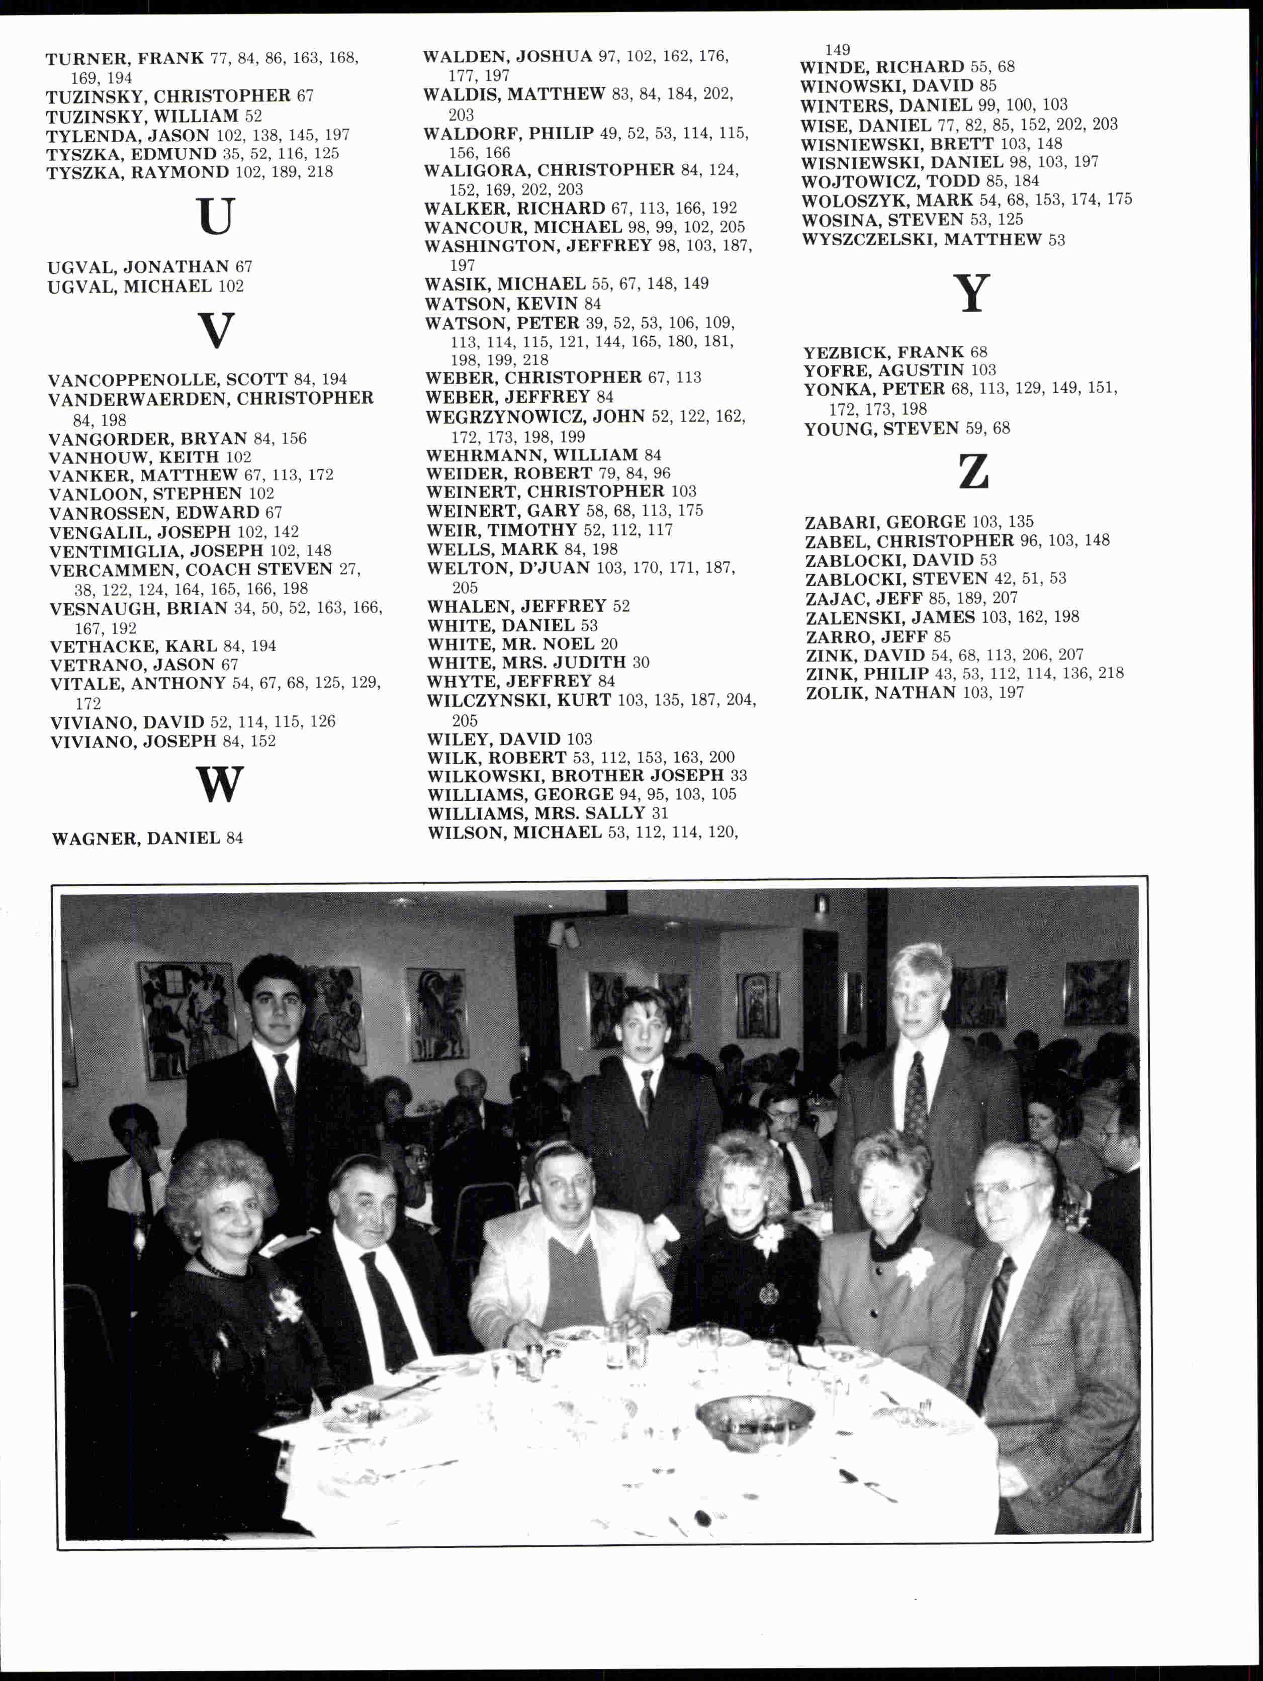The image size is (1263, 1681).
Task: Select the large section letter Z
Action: point(973,472)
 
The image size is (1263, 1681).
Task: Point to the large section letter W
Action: point(220,784)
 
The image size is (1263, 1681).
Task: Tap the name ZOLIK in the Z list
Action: point(837,692)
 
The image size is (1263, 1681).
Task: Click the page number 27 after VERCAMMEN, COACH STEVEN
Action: point(349,569)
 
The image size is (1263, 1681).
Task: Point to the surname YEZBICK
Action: point(846,352)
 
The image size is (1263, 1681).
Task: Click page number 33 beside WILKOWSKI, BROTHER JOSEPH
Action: point(738,776)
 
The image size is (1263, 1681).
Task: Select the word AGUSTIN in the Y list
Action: point(921,370)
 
